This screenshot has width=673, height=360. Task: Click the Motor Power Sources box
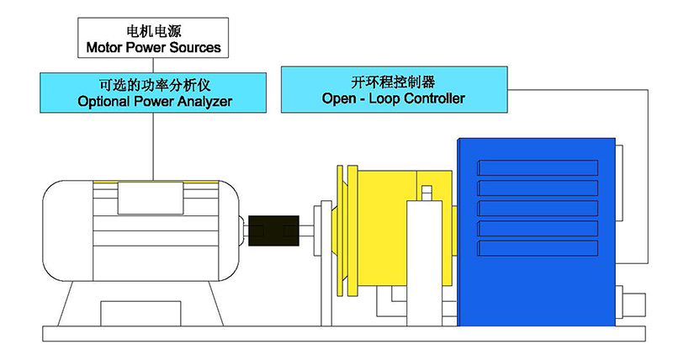tap(153, 39)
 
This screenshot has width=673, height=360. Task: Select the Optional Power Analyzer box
tap(153, 93)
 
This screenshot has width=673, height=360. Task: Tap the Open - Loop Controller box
tap(393, 90)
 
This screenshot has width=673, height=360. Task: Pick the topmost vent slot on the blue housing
tap(538, 167)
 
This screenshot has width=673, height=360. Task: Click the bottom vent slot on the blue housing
tap(538, 249)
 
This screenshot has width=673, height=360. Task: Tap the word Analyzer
tap(202, 102)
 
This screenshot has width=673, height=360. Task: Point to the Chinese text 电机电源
tap(153, 30)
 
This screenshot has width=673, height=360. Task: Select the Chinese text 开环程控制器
tap(393, 82)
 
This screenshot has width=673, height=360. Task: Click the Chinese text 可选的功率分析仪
tap(153, 84)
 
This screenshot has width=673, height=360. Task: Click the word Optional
tap(102, 102)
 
